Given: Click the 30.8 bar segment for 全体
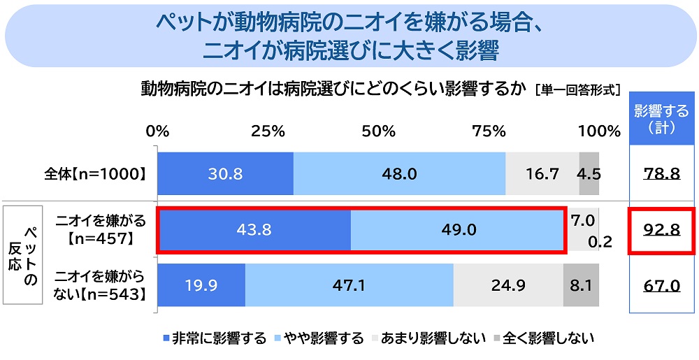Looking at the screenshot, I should pyautogui.click(x=225, y=173).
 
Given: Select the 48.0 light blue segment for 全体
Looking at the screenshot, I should pyautogui.click(x=399, y=173).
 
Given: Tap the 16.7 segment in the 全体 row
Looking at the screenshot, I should pyautogui.click(x=542, y=173).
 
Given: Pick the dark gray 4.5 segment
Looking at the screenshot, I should pyautogui.click(x=589, y=173).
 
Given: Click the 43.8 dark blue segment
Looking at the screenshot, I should pyautogui.click(x=254, y=229).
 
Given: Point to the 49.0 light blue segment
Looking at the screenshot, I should pyautogui.click(x=458, y=229).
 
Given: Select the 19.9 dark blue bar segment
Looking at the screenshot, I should pyautogui.click(x=201, y=285).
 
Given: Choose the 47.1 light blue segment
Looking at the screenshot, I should pyautogui.click(x=349, y=285).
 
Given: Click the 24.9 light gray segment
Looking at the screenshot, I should pyautogui.click(x=508, y=285).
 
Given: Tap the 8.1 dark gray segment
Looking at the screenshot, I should pyautogui.click(x=581, y=285).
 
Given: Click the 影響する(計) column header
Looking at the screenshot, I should pyautogui.click(x=661, y=118).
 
